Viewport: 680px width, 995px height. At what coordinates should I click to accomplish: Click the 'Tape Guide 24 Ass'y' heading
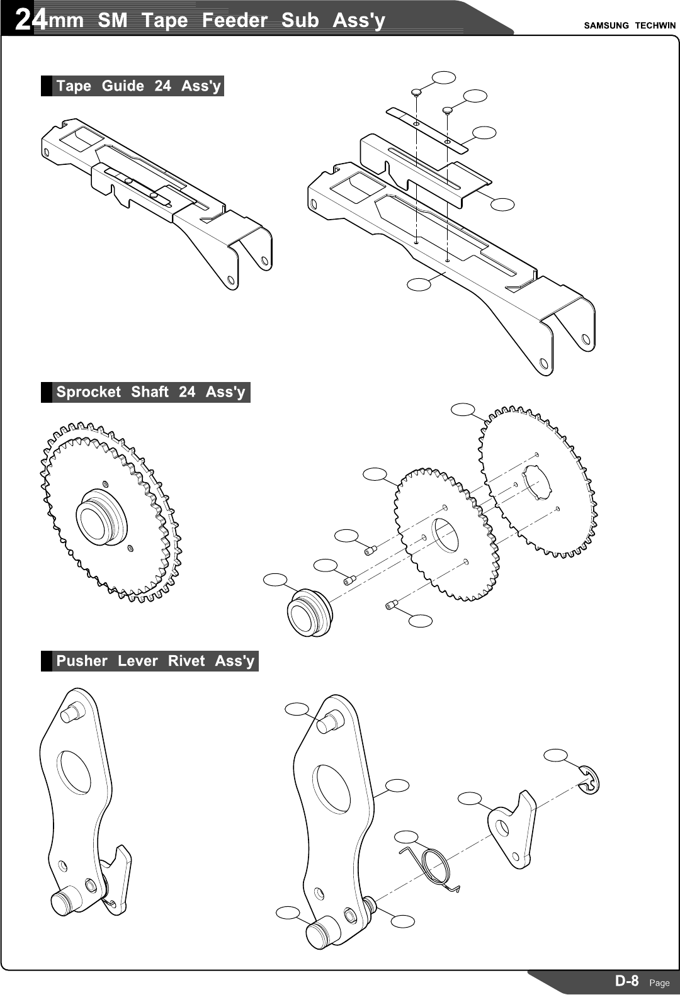coord(138,86)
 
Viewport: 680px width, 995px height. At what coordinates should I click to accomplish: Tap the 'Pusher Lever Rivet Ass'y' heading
coord(155,661)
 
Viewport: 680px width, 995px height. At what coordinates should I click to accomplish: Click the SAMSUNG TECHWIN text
coord(629,26)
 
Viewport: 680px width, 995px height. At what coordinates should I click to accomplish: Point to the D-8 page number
coord(626,981)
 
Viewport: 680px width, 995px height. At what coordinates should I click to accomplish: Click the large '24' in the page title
coord(30,20)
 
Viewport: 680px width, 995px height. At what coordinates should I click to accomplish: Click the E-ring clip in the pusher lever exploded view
coord(591,780)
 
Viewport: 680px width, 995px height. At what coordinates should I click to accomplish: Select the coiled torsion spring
coord(435,867)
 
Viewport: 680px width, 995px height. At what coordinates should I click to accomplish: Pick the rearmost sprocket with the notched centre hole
coord(538,481)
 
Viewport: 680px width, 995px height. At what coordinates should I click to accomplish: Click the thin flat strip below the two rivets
coord(427,130)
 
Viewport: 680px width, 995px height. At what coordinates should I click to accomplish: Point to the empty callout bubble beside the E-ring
coord(555,755)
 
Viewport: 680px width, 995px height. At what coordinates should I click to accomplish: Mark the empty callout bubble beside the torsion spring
coord(406,836)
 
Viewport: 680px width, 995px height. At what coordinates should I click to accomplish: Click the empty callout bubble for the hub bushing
coord(275,580)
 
